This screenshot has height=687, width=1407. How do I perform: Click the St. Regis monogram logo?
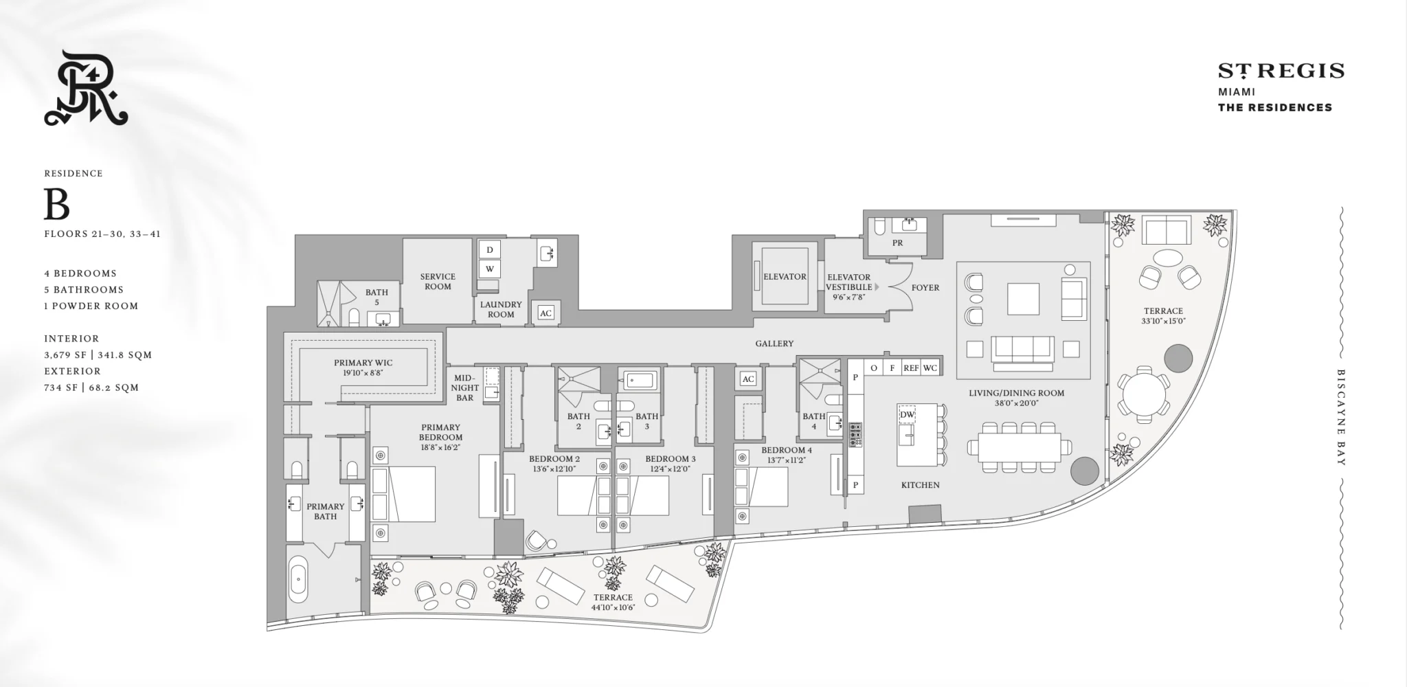(86, 88)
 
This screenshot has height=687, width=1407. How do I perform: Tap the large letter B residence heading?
(57, 203)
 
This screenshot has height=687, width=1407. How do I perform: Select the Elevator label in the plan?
(785, 277)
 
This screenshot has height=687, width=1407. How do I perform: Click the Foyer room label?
(925, 288)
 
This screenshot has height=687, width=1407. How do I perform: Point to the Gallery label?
(774, 343)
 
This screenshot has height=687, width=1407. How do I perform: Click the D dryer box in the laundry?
(490, 249)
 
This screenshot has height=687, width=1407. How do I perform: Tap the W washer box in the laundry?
(490, 269)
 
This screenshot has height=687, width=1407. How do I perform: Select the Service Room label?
(438, 282)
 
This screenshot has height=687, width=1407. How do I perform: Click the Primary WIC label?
(363, 363)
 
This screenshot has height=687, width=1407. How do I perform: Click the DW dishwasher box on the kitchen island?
(907, 415)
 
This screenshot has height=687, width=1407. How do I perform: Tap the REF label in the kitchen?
(911, 368)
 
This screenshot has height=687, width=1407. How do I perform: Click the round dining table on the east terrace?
(1143, 394)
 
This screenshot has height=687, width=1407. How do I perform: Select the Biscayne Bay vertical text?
(1340, 418)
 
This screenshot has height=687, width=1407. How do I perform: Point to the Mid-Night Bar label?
(465, 388)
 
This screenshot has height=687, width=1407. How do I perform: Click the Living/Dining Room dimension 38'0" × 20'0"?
(1017, 404)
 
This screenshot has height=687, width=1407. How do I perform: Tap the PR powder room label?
(897, 243)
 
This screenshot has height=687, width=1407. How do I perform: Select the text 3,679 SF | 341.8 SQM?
(98, 355)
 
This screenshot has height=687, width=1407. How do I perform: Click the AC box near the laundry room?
(545, 313)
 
